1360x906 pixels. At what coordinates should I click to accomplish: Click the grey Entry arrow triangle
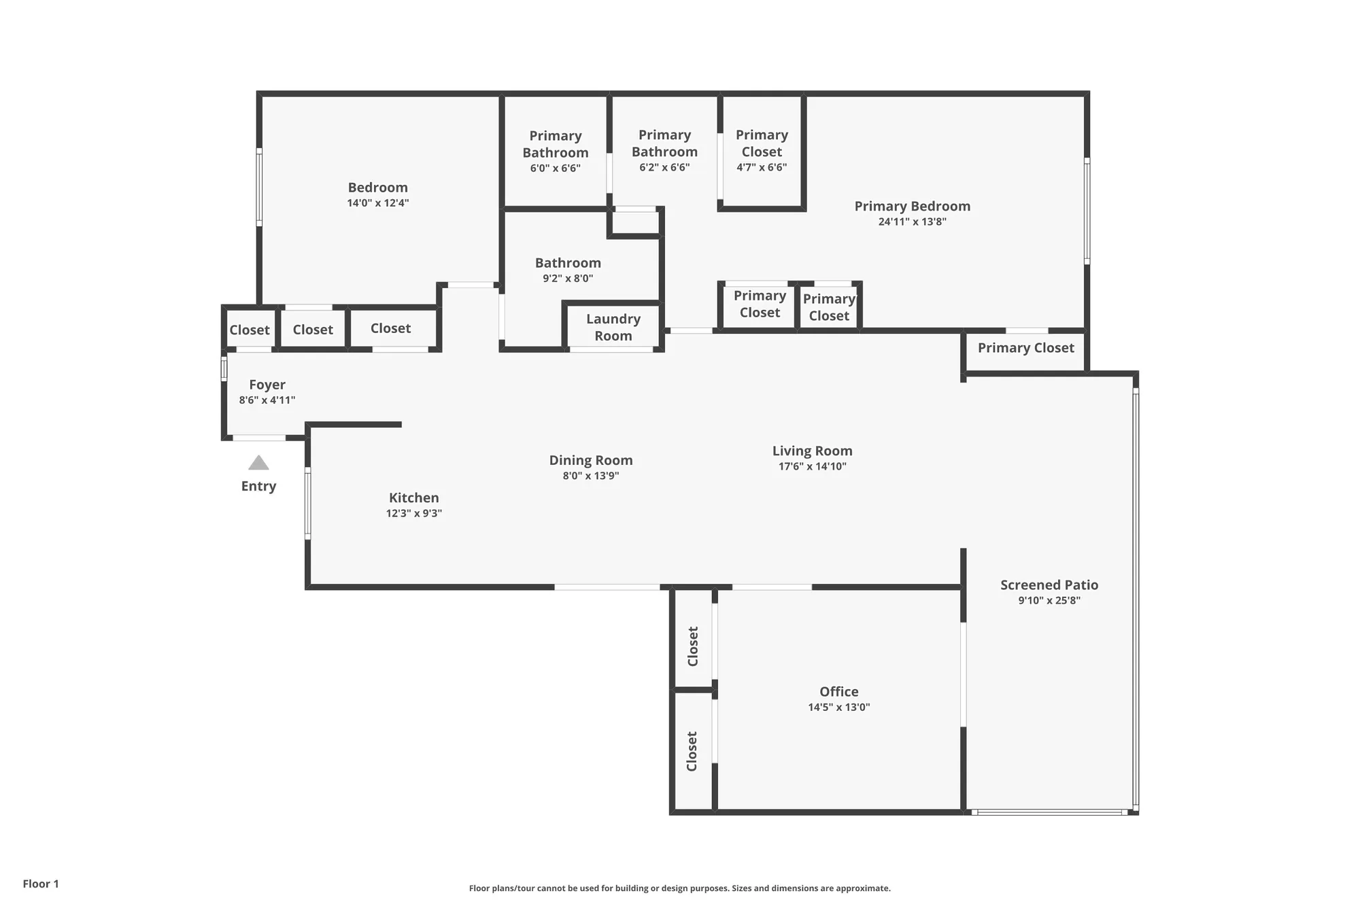[258, 464]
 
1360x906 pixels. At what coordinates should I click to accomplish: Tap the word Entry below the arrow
[258, 486]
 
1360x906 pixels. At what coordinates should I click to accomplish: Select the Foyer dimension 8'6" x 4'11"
[267, 400]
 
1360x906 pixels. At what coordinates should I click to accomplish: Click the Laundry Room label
[613, 327]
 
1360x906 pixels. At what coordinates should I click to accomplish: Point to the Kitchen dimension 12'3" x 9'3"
[414, 514]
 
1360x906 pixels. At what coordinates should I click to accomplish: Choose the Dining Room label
[591, 460]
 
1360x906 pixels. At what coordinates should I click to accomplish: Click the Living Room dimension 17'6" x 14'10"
[812, 466]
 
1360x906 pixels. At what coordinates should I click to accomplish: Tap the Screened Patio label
[1049, 585]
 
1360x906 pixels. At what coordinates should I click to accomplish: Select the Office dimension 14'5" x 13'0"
[838, 707]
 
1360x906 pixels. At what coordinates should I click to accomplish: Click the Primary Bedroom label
[912, 206]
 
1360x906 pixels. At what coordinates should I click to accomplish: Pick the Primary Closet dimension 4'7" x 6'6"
[762, 167]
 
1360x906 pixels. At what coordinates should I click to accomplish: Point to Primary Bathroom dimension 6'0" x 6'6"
[555, 168]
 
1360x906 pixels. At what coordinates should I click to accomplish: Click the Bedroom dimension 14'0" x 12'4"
[377, 203]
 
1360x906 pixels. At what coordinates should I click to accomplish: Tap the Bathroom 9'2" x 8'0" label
[568, 263]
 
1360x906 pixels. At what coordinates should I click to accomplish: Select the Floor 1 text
[41, 884]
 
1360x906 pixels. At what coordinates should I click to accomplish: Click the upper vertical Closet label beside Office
[693, 646]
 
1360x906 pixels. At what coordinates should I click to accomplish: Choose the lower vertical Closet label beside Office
[692, 751]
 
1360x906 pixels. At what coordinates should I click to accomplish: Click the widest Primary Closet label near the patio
[1025, 348]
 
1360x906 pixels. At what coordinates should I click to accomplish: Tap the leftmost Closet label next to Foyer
[250, 330]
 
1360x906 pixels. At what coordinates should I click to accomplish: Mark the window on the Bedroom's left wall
[259, 187]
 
